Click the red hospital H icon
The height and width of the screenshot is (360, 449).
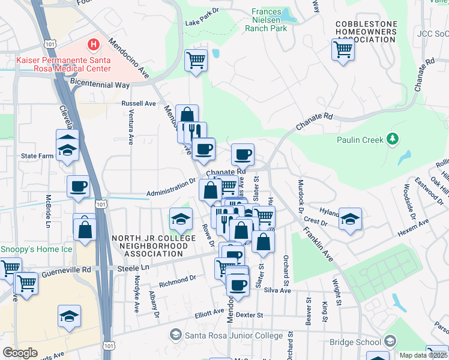pyautogui.click(x=94, y=44)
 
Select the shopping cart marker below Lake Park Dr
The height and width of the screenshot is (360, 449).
pyautogui.click(x=196, y=61)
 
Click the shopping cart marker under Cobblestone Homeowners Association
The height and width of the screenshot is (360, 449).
pyautogui.click(x=343, y=50)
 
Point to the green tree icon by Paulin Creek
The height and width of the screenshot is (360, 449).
pyautogui.click(x=393, y=139)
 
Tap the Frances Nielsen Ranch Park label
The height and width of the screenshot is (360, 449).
pyautogui.click(x=269, y=20)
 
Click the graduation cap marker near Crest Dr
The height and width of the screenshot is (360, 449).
pyautogui.click(x=350, y=219)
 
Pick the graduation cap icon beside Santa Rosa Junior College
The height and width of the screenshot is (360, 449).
pyautogui.click(x=176, y=334)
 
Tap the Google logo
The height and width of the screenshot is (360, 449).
pyautogui.click(x=20, y=352)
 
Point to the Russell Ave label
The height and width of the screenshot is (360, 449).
pyautogui.click(x=139, y=103)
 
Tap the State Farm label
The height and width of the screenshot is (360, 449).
pyautogui.click(x=38, y=155)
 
